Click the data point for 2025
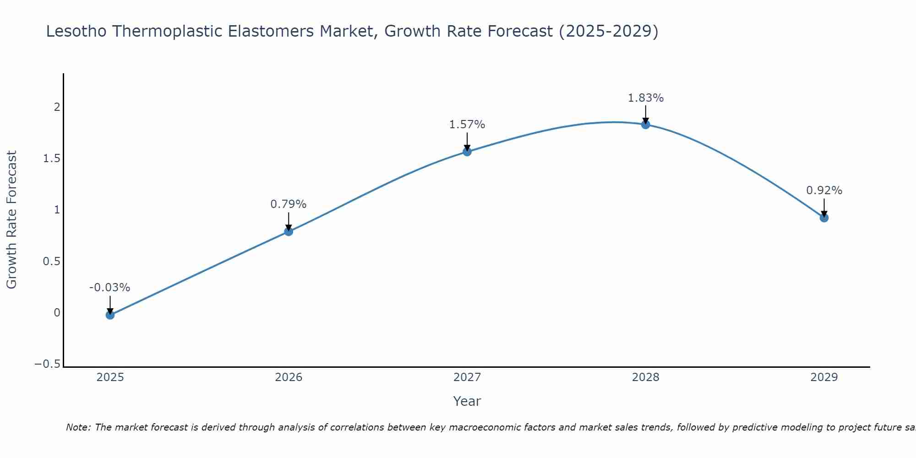[110, 315]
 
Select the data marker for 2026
[289, 231]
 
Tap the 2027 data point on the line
[467, 152]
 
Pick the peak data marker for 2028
[646, 125]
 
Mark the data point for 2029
[824, 218]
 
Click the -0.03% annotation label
[109, 288]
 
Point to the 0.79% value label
[288, 204]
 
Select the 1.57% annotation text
[467, 125]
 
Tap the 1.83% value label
[645, 98]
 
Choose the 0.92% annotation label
[824, 191]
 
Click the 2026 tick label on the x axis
[289, 377]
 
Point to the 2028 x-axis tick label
[646, 377]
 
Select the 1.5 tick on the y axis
[52, 158]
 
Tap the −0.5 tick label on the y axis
[48, 364]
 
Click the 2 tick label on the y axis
[57, 107]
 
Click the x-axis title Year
[467, 401]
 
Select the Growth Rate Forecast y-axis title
[11, 220]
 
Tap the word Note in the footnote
[78, 427]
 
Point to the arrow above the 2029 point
[824, 207]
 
